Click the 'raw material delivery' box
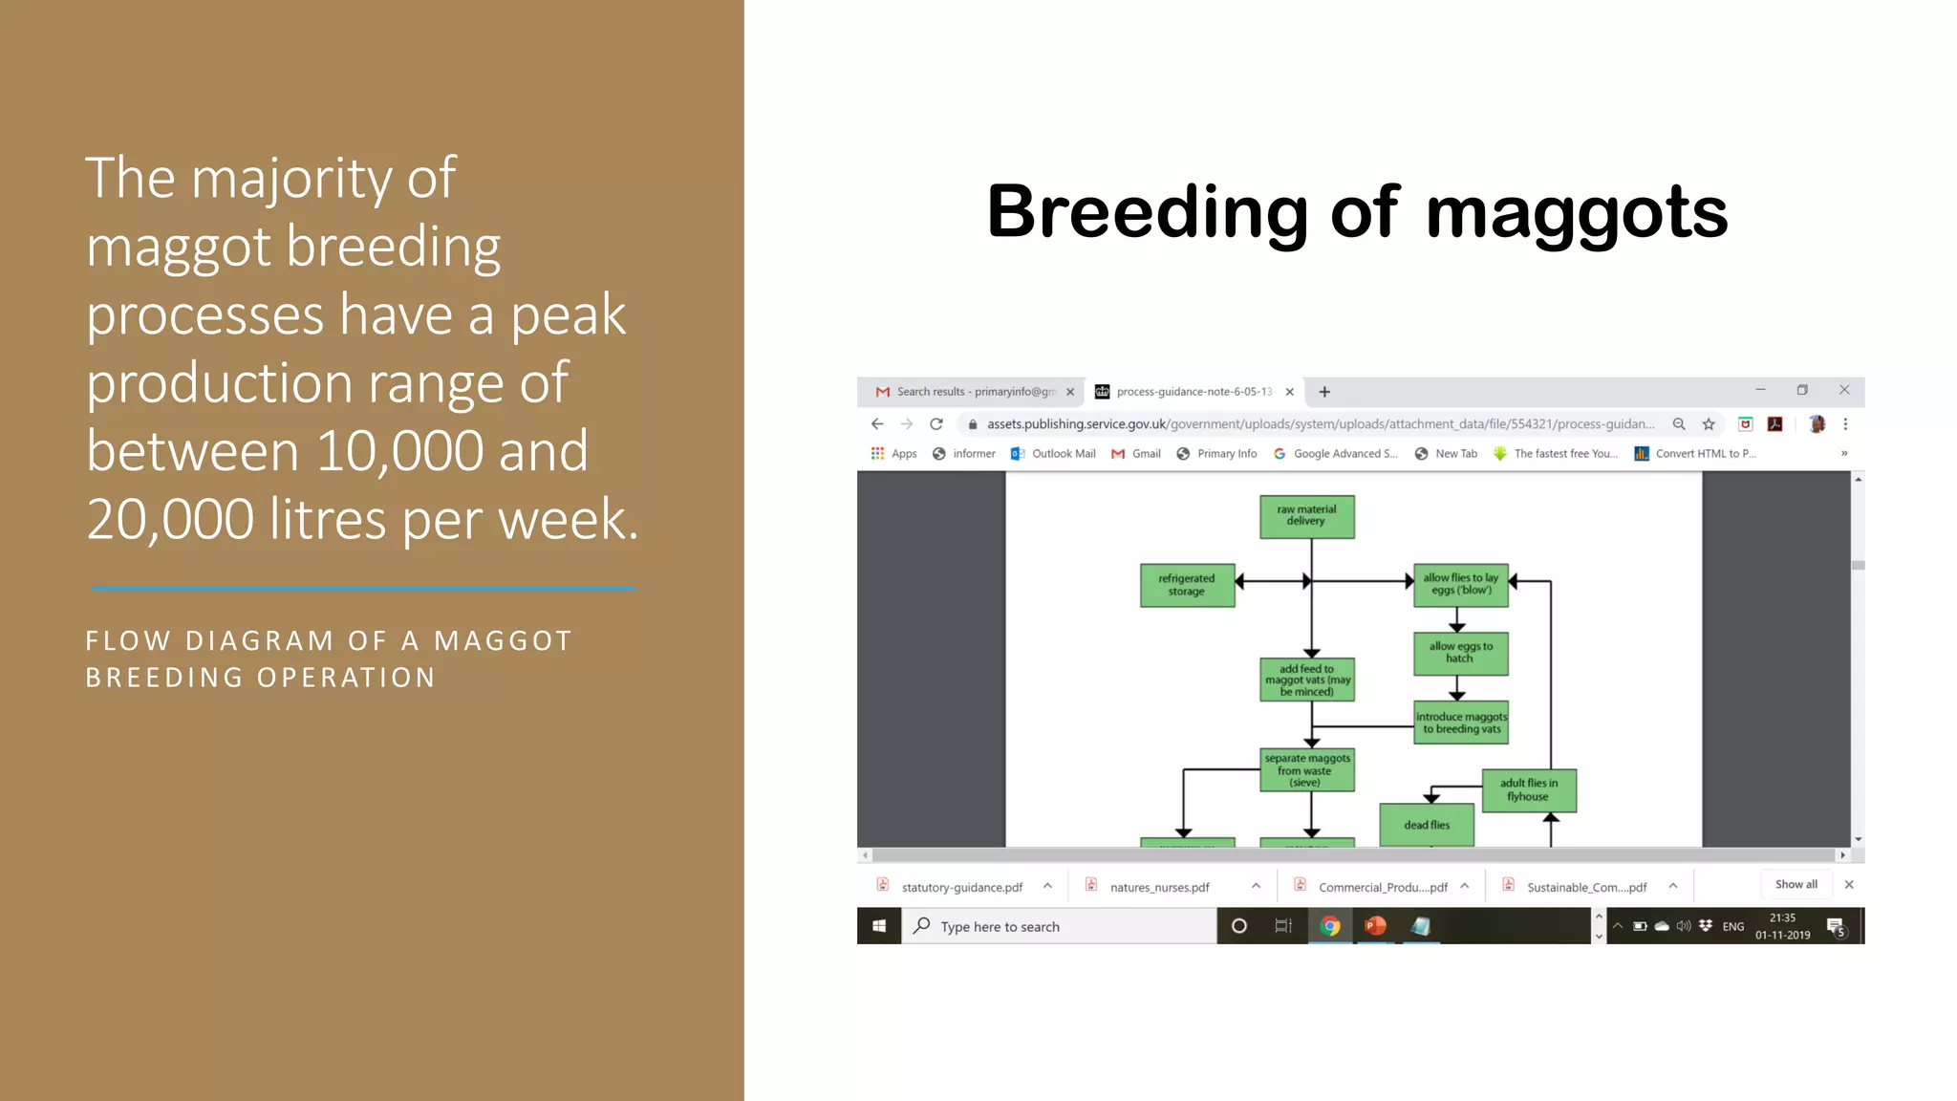[1306, 516]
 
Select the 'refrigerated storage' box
[1187, 585]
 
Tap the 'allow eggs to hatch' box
[1460, 653]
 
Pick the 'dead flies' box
[1426, 825]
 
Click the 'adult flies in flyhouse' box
[1528, 790]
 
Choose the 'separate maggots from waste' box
[1306, 770]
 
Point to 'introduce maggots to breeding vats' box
[1460, 723]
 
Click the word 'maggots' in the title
[1577, 212]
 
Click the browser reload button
[936, 424]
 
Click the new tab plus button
[1324, 392]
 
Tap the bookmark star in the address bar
[1709, 424]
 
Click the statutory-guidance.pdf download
[960, 887]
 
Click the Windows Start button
[879, 926]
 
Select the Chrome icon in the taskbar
[1329, 926]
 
